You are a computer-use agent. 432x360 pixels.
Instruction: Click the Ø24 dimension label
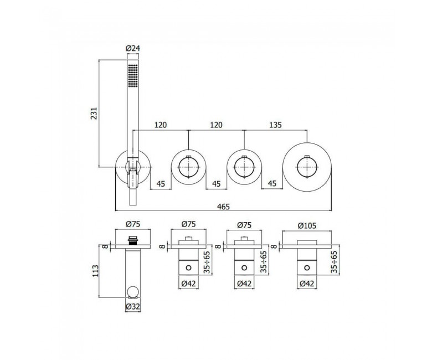pyautogui.click(x=133, y=48)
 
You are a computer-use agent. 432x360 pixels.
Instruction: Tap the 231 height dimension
pyautogui.click(x=94, y=113)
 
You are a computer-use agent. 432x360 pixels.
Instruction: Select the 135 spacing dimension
pyautogui.click(x=275, y=125)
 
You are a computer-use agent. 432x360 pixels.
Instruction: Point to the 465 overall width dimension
pyautogui.click(x=223, y=206)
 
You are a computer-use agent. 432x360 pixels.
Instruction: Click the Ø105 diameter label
pyautogui.click(x=307, y=226)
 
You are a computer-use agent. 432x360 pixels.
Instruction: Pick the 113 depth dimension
pyautogui.click(x=95, y=271)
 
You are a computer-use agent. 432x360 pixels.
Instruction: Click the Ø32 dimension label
pyautogui.click(x=133, y=306)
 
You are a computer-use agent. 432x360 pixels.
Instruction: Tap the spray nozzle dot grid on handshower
pyautogui.click(x=133, y=75)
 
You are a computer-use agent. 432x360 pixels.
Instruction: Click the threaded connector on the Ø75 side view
pyautogui.click(x=133, y=240)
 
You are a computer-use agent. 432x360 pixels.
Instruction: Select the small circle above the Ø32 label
pyautogui.click(x=133, y=292)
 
